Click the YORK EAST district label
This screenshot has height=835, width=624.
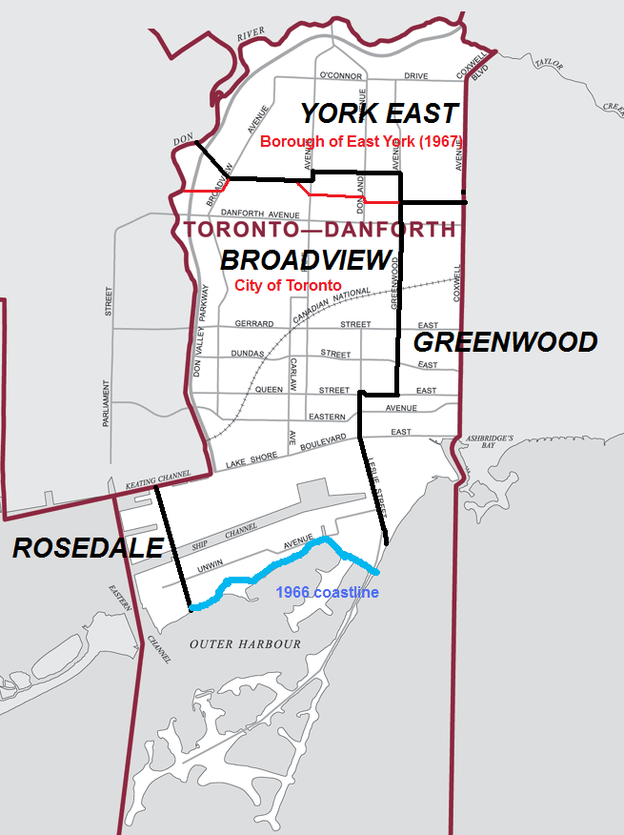[379, 114]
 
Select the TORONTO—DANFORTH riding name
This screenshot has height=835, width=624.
[319, 230]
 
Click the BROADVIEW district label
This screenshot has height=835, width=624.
[306, 260]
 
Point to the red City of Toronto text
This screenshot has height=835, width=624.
[287, 285]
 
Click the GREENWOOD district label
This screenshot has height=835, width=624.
[505, 342]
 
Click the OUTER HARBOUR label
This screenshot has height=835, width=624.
[245, 644]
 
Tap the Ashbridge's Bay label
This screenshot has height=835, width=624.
[489, 442]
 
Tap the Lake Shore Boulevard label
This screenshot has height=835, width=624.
[286, 452]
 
